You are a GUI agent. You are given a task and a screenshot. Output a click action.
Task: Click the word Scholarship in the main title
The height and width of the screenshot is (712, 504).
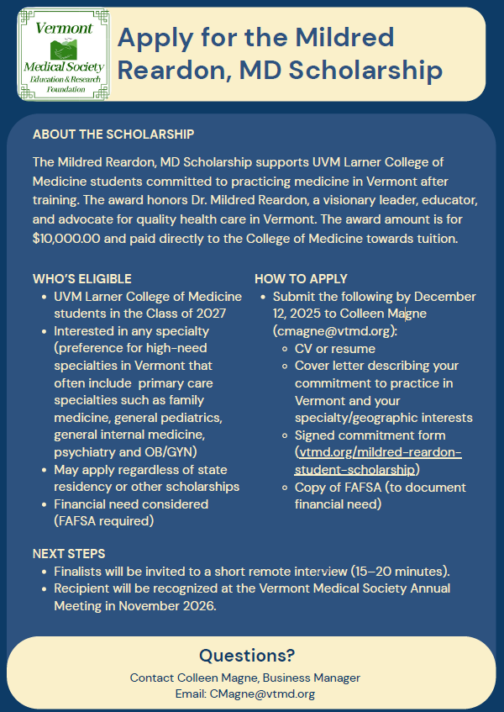click(367, 71)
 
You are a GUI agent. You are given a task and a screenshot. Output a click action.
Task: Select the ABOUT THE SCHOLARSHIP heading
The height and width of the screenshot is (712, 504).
click(113, 134)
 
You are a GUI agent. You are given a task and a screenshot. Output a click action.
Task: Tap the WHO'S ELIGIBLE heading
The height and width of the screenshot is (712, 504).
click(81, 279)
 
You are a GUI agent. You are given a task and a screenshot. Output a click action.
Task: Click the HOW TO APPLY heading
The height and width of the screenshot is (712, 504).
click(301, 279)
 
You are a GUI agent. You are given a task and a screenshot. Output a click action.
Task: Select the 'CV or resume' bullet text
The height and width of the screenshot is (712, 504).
click(334, 348)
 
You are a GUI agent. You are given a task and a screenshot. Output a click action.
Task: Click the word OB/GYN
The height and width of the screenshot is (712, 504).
click(180, 452)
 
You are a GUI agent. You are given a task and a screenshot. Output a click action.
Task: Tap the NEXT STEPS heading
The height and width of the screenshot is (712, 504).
click(69, 554)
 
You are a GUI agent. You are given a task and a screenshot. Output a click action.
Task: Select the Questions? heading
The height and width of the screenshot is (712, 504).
click(247, 656)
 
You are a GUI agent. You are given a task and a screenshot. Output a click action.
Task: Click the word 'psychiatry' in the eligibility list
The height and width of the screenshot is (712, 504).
click(85, 452)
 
